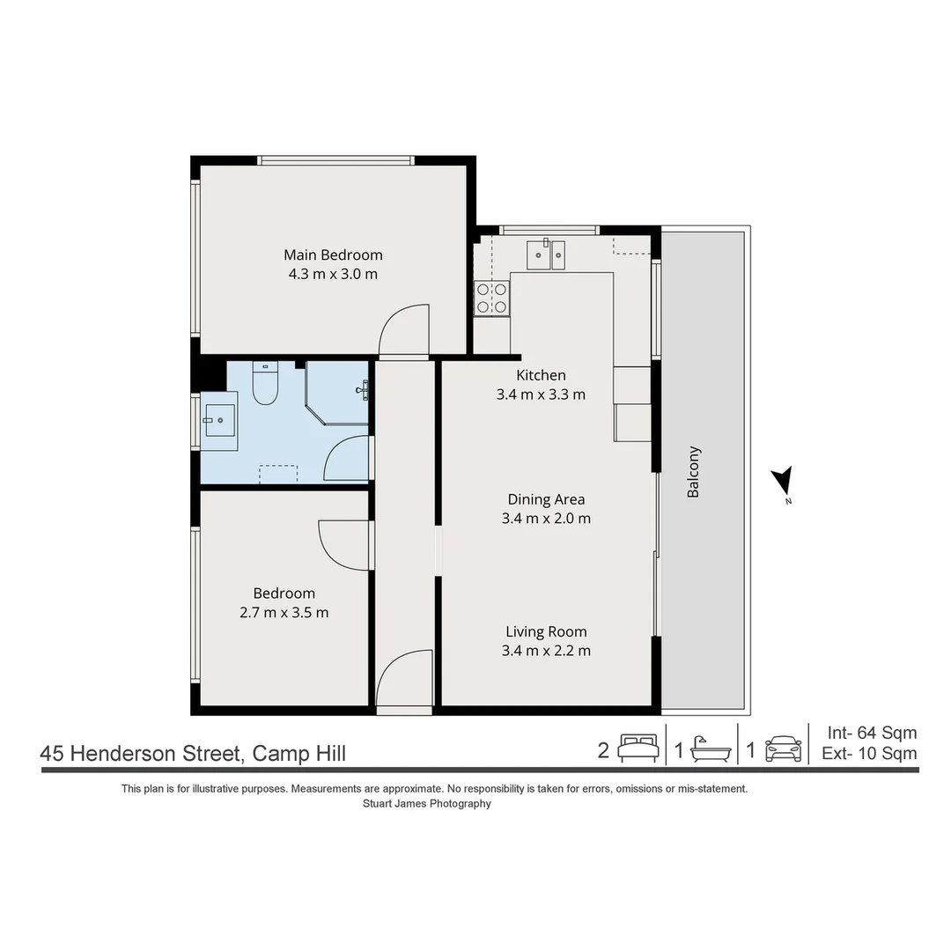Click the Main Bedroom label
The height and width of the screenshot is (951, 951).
pos(333,255)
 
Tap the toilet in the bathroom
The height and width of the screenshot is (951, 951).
pos(265,384)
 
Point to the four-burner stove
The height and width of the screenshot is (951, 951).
pos(491,298)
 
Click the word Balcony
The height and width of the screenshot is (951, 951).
pos(694,472)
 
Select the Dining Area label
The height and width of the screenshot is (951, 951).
pos(546,499)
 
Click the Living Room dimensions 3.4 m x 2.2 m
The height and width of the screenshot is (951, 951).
pos(546,651)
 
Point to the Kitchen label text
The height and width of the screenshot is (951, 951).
pos(541,375)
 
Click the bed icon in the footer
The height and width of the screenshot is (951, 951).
pos(638,748)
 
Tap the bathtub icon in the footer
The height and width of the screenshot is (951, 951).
pos(710,749)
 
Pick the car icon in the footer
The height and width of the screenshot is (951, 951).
pos(783,749)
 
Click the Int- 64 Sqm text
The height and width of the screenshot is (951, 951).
pos(872,733)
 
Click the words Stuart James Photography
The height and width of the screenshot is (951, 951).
pos(427,803)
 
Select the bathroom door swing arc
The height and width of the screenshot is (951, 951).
pos(346,458)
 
